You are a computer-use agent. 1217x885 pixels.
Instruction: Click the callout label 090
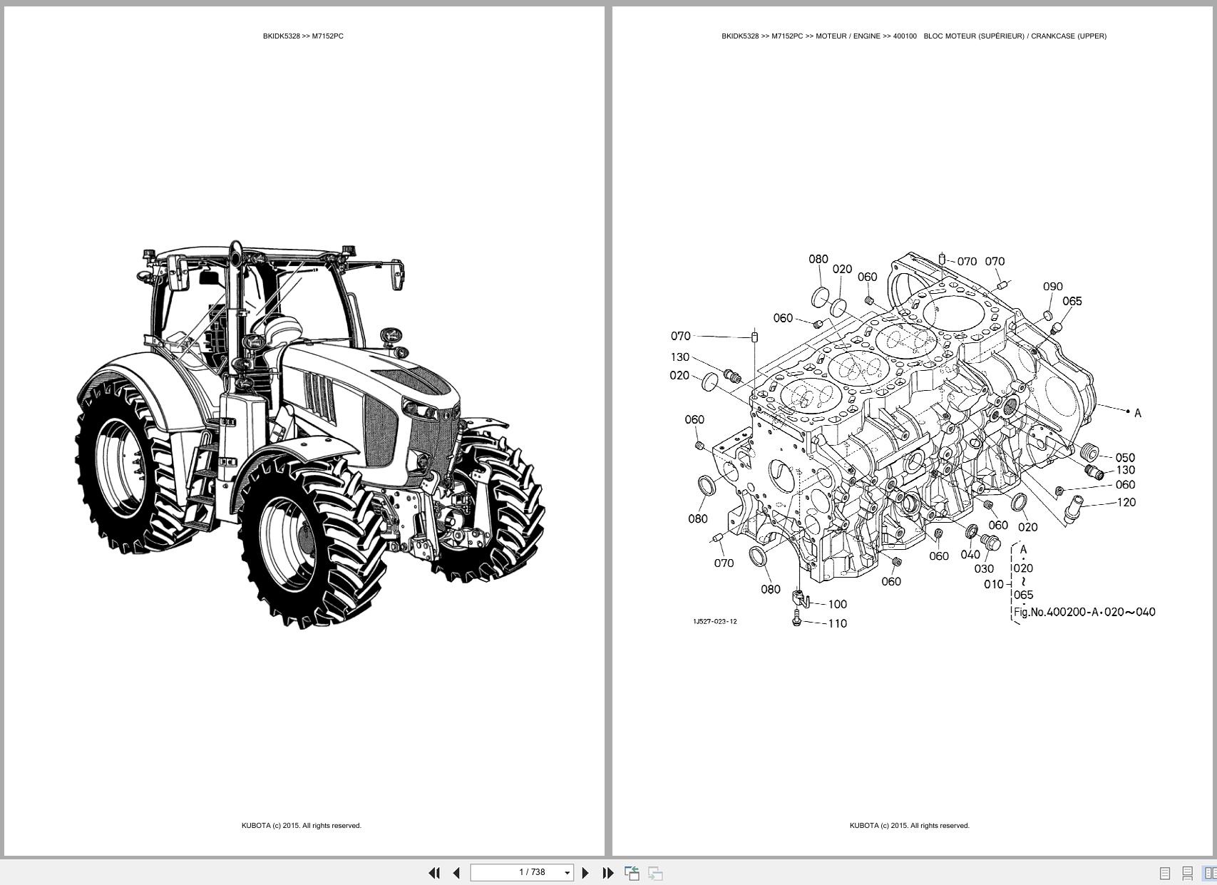(1052, 286)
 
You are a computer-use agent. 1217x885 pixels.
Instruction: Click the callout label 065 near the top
(1072, 301)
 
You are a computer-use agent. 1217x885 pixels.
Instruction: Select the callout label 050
(1124, 457)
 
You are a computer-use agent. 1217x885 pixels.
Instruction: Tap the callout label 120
(1125, 502)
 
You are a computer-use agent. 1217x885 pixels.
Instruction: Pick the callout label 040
(970, 554)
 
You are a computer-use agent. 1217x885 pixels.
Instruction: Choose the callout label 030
(983, 568)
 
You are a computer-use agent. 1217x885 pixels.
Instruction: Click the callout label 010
(993, 584)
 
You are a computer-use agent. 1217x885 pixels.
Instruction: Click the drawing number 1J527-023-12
(714, 621)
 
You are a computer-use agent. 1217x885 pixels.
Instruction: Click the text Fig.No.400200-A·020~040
(1084, 612)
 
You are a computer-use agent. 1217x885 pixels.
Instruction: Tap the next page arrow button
(585, 872)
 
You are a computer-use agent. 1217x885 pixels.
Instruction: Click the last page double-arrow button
(607, 872)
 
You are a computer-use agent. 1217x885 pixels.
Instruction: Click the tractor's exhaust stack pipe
(235, 300)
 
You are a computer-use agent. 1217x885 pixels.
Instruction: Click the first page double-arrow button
(433, 872)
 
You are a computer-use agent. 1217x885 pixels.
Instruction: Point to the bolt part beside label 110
(796, 622)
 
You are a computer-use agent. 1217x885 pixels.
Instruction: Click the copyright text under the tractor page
(301, 825)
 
